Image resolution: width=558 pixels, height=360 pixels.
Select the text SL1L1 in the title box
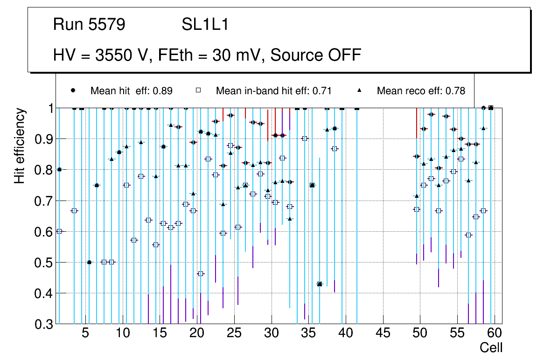(205, 24)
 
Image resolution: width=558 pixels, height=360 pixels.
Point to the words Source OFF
(316, 55)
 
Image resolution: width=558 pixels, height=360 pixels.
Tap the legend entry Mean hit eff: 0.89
(131, 91)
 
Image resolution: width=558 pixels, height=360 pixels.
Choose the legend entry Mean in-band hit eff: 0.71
(273, 91)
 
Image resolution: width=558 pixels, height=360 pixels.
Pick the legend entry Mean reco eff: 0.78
(421, 91)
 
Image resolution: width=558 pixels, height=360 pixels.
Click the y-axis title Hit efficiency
(20, 146)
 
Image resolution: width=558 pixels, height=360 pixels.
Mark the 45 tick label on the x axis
(383, 334)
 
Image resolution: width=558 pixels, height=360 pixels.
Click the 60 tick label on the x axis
(495, 334)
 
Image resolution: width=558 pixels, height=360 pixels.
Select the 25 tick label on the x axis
(234, 334)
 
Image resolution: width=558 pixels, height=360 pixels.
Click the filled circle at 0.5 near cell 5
(89, 262)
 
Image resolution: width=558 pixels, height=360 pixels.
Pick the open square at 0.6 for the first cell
(59, 231)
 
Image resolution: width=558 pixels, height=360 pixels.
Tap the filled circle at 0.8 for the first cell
(59, 170)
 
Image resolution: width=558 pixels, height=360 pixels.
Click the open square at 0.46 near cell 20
(201, 274)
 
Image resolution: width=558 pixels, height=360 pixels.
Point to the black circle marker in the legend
(73, 90)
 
